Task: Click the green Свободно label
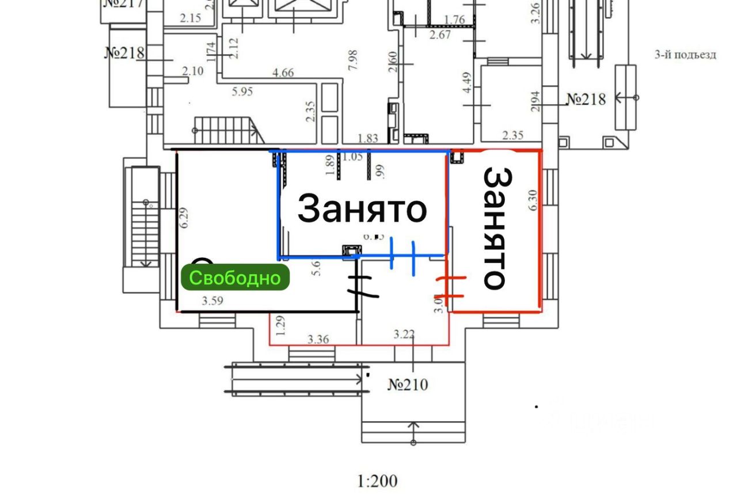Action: click(235, 278)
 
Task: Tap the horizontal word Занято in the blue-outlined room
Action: click(362, 208)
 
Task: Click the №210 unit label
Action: click(408, 384)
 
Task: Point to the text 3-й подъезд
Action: click(685, 55)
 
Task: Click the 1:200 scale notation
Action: click(378, 481)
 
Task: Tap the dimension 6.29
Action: click(184, 218)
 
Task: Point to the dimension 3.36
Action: click(318, 339)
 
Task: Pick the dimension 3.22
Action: click(405, 334)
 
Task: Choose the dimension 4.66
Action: click(283, 73)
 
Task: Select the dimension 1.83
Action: click(368, 138)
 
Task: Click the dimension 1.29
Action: click(280, 326)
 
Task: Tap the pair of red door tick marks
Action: click(453, 287)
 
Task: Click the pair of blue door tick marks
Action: click(403, 254)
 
